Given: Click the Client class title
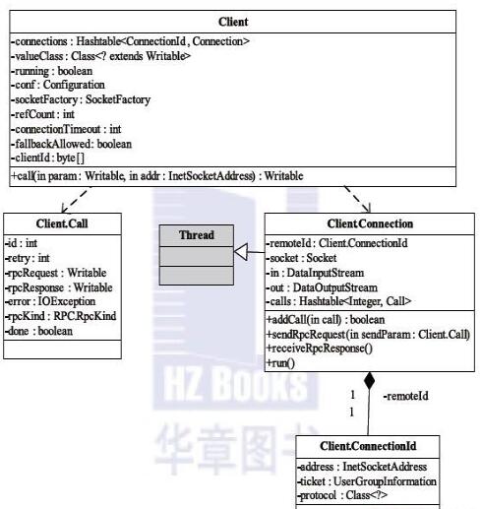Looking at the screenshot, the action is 233,22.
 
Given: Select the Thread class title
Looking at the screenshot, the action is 197,235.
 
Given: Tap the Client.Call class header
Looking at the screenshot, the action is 62,223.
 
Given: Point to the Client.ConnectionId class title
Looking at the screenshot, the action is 368,446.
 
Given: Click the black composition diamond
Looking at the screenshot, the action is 369,381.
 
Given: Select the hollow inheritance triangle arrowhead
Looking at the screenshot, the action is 240,252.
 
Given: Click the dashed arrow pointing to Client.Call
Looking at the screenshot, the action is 75,200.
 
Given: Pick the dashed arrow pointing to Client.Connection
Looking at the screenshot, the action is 358,199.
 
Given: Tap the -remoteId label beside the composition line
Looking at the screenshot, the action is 405,396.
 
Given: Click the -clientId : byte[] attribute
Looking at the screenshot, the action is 48,158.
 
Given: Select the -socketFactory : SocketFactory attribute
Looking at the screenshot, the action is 81,99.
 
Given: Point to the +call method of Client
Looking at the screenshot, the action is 157,176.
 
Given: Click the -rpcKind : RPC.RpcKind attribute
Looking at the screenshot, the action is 61,316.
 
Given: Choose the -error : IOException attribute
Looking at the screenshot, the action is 50,301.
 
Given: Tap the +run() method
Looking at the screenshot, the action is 280,363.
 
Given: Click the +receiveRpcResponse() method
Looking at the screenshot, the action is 320,349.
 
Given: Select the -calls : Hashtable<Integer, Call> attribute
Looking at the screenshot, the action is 338,301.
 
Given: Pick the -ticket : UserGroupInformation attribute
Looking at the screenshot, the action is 367,481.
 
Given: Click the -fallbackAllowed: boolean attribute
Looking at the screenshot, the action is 72,144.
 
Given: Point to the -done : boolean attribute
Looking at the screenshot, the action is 39,331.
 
